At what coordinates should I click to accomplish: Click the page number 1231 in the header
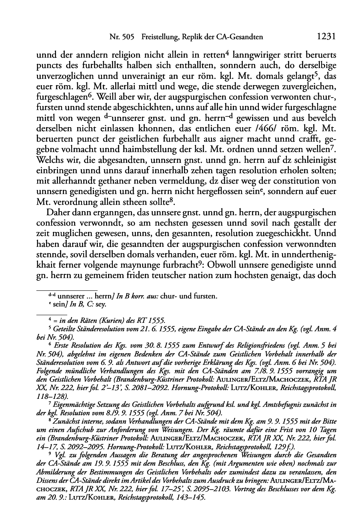(326, 37)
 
